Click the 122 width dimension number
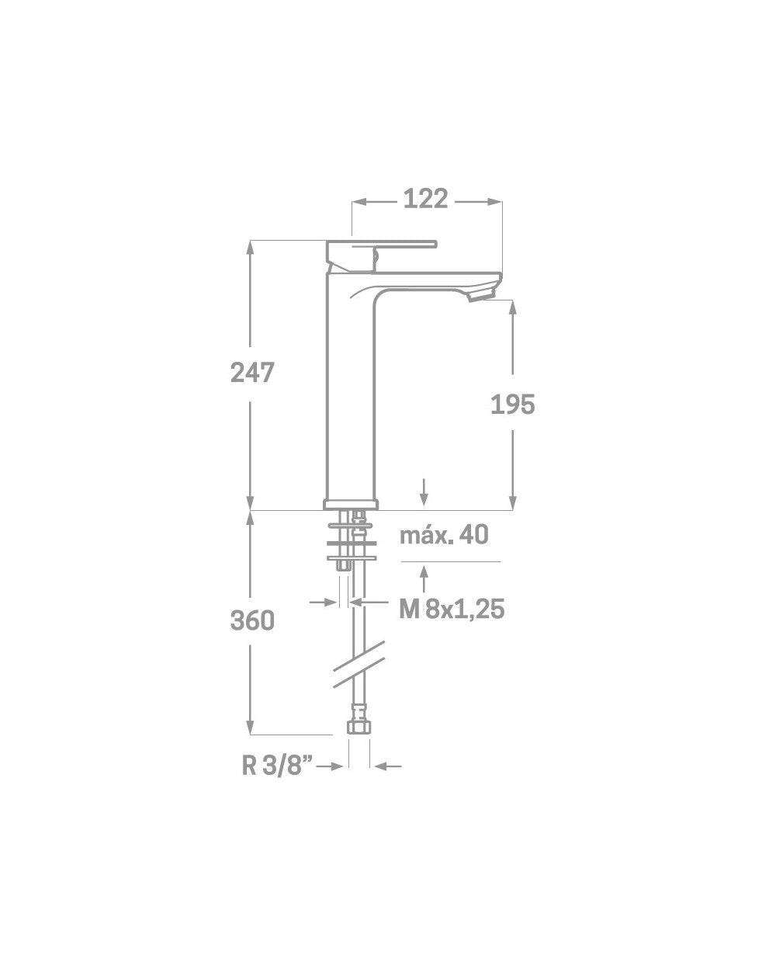tap(425, 199)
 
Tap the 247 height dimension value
tap(252, 373)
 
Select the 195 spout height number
tap(513, 404)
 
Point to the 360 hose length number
tap(252, 620)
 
